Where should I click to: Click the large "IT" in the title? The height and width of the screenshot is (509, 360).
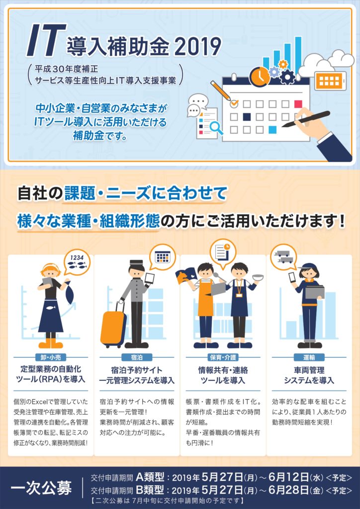coord(46,41)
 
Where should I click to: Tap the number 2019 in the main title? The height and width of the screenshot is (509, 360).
coord(198,47)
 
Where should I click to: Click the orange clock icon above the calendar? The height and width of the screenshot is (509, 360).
coord(260,77)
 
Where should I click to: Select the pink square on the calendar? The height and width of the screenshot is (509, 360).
coord(298,104)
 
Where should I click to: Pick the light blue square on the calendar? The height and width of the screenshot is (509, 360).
coord(272,130)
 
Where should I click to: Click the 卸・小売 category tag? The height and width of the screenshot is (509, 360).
coord(51,357)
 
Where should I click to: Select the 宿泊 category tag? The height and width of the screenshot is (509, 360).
coord(137,357)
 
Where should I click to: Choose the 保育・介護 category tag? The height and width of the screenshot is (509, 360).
coord(223,357)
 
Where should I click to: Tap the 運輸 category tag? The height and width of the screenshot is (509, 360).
coord(309,357)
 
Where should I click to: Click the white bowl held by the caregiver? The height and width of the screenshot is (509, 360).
coord(258,277)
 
